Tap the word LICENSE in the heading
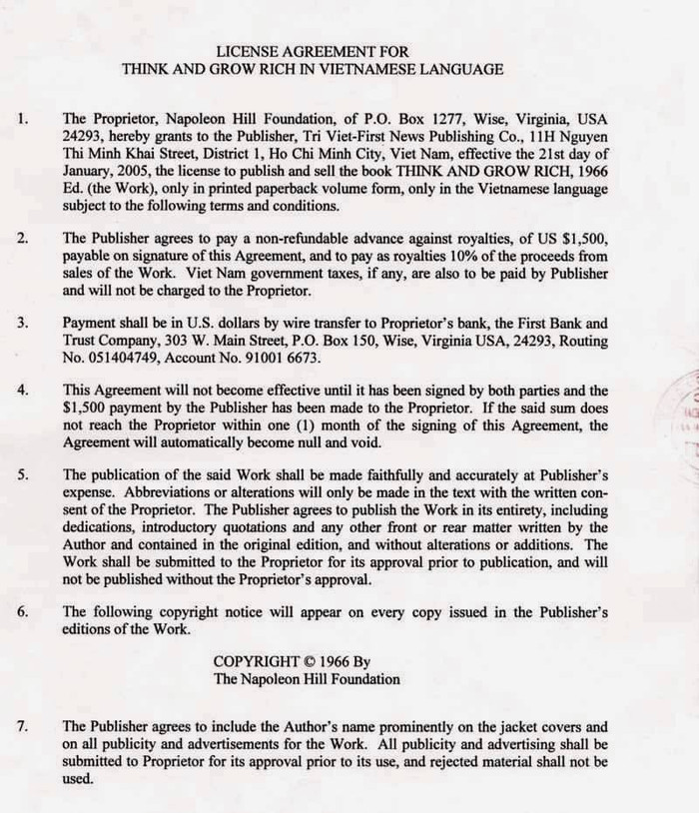click(x=247, y=50)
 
